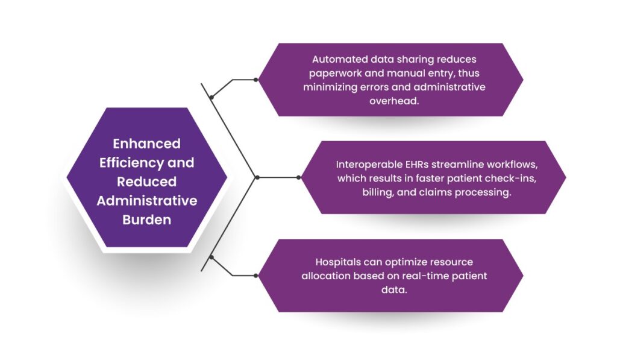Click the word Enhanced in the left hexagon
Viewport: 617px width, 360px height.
pos(147,144)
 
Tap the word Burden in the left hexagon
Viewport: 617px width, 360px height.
pos(147,219)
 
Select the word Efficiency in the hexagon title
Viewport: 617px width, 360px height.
pos(131,163)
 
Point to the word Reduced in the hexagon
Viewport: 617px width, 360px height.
pos(147,182)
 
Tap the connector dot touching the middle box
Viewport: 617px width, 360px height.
pos(299,177)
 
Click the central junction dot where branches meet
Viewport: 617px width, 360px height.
pos(257,177)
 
